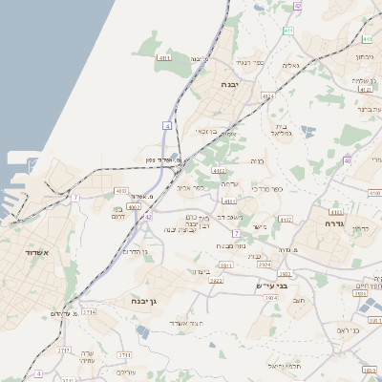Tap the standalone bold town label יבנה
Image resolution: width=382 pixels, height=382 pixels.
click(229, 85)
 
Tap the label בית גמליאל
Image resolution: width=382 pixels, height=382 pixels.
click(279, 130)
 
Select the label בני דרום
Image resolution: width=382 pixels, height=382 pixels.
click(117, 212)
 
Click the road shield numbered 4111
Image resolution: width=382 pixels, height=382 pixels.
click(164, 58)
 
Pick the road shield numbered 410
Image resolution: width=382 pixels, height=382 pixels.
click(367, 39)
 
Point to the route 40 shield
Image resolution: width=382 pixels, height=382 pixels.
click(348, 160)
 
